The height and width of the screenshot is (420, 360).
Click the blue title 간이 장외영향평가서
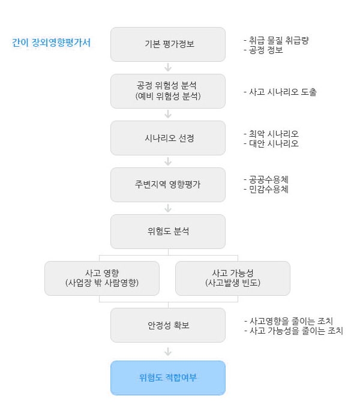(x=52, y=43)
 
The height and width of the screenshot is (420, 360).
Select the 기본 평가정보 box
(x=168, y=44)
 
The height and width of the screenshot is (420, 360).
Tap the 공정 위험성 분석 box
(x=168, y=91)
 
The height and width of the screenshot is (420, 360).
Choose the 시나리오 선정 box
(x=168, y=138)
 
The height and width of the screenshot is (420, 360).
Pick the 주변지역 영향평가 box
(x=168, y=185)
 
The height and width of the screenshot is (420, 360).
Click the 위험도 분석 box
(x=168, y=232)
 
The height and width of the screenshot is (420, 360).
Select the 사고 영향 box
(x=102, y=278)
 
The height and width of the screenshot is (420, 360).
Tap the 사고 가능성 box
(x=233, y=278)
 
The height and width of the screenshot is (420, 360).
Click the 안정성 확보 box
(x=168, y=325)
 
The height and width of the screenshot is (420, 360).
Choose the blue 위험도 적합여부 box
(x=168, y=377)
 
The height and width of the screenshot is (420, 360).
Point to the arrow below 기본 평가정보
(x=168, y=67)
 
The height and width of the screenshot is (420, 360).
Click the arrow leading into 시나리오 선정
(x=168, y=114)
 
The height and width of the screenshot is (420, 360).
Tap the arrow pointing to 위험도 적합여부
(x=168, y=352)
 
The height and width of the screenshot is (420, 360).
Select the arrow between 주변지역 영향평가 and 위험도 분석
(x=168, y=208)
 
